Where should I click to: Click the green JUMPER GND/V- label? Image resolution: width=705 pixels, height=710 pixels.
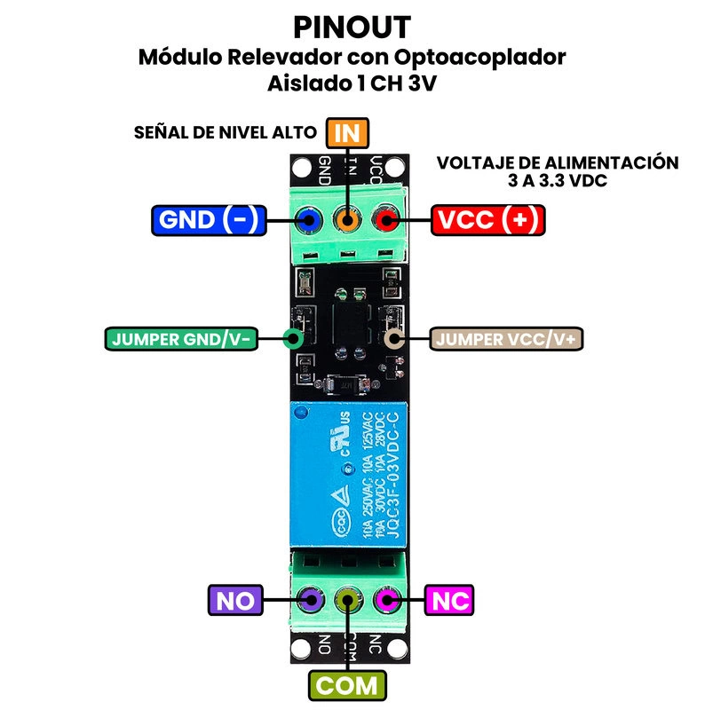[182, 338]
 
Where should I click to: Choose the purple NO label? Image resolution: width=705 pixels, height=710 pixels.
[234, 601]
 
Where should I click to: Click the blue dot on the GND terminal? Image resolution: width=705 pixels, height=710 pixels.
[309, 219]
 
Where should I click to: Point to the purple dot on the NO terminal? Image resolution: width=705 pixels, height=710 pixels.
[310, 600]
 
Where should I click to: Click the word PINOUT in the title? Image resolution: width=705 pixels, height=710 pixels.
[352, 27]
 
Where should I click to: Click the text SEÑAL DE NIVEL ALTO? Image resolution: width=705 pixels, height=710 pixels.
[225, 133]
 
